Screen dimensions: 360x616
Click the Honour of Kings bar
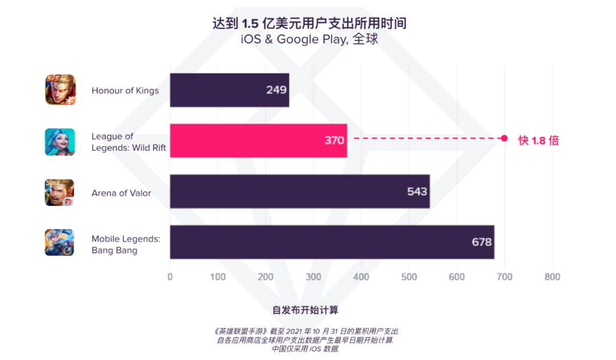[x=229, y=90]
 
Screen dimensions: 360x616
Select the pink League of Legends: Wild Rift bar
[x=258, y=140]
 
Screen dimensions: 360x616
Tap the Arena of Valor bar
[x=299, y=192]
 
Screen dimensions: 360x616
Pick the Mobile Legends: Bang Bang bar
[x=331, y=242]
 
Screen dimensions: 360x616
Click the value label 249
[x=276, y=90]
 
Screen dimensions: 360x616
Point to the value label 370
[x=334, y=140]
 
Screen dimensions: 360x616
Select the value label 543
[x=417, y=192]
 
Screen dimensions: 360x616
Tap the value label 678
[x=481, y=242]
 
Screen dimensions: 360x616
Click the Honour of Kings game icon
[x=60, y=90]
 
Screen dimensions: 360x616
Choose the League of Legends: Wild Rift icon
[x=60, y=141]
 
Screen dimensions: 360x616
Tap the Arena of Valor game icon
[x=60, y=192]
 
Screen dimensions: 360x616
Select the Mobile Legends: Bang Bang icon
[x=60, y=242]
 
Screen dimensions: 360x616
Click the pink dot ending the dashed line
[x=504, y=138]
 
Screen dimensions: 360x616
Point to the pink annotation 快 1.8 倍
[x=538, y=140]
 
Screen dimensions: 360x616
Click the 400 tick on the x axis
[x=361, y=277]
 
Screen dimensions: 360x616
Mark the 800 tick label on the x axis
[x=552, y=277]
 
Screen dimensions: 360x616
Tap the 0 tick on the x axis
[x=170, y=277]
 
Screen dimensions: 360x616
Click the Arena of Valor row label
[x=121, y=193]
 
